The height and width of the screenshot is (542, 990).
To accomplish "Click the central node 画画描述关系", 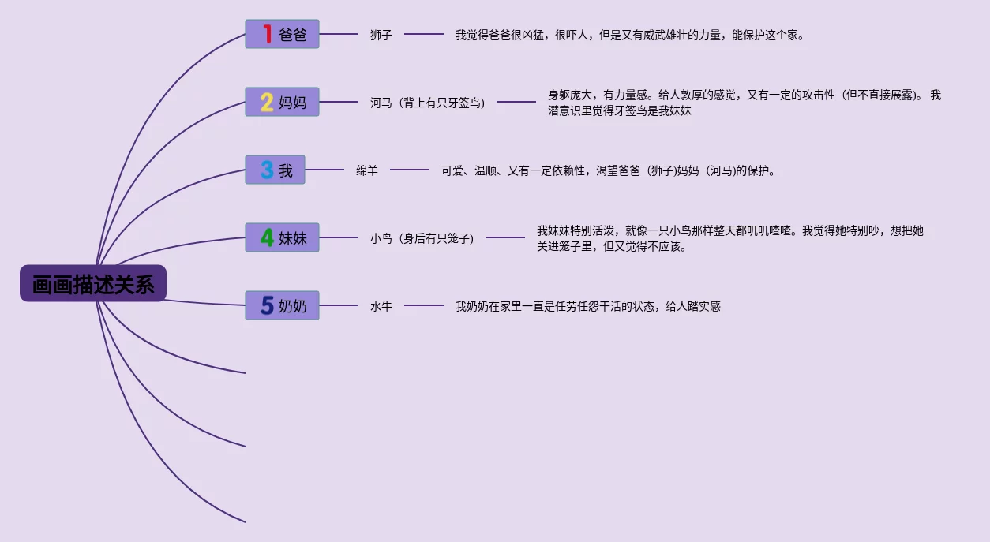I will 93,283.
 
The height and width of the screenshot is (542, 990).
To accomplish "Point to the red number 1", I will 267,34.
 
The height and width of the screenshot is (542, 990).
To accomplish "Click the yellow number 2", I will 267,102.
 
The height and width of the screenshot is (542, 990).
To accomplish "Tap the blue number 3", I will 267,170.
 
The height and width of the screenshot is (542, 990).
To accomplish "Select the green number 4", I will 267,237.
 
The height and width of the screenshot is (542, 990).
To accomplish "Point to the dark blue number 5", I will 267,305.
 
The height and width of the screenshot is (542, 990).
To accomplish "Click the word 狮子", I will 381,35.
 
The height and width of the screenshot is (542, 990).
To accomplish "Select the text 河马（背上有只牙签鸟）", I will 428,103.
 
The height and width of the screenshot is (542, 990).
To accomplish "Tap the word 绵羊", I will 367,170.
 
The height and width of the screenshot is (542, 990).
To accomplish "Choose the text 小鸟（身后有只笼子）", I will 422,238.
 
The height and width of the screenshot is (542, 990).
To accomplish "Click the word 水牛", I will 381,306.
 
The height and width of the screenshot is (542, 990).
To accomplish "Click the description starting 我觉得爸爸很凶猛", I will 630,35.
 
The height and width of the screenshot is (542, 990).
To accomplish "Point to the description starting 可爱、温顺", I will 609,170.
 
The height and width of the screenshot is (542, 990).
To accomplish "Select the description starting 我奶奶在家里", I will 588,306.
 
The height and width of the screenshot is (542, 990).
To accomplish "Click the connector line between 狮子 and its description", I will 424,35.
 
